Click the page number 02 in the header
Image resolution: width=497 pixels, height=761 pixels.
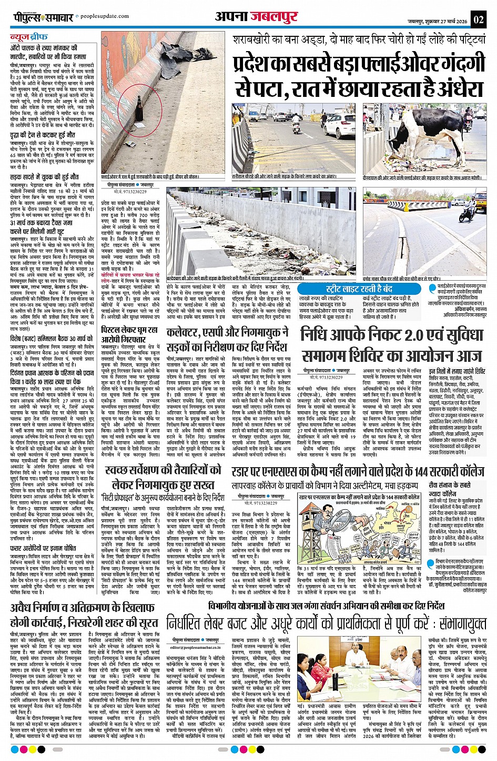tap(478, 20)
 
